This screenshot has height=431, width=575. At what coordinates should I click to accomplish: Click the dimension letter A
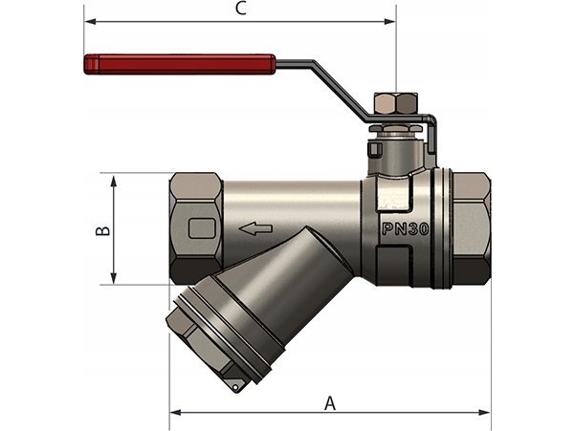point(330,402)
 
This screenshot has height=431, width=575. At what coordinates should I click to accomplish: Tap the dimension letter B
point(104,229)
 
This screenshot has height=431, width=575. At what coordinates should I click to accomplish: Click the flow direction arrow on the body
point(255,229)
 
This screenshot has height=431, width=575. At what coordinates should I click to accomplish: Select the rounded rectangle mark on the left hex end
point(203,229)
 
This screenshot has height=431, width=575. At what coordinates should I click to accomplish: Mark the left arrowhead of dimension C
point(89,21)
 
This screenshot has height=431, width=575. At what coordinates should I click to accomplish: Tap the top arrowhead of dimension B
point(114,180)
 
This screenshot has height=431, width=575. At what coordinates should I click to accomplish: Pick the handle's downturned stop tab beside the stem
point(431,139)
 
